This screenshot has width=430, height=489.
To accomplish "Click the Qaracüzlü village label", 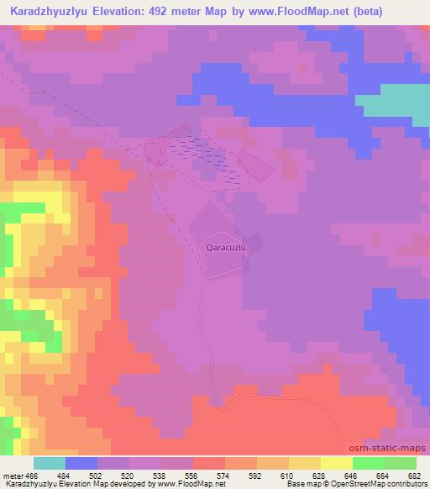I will point(225,248).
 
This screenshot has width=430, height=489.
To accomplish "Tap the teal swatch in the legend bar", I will point(50,464).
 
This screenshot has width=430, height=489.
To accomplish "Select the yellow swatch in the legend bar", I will point(336,464).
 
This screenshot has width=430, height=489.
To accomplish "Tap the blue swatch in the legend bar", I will point(81,464).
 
